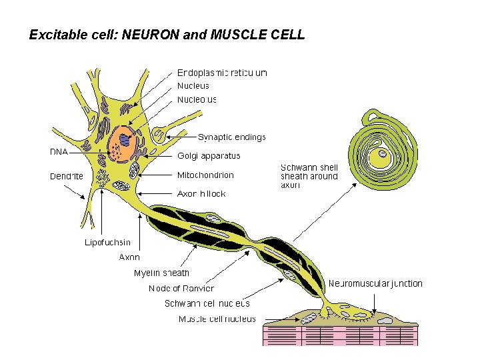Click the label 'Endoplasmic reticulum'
pos(222,73)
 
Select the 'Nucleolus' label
pos(197,99)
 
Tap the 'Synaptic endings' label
pos(231,137)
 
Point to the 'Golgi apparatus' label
pos(209,156)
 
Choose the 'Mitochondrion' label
pos(205,175)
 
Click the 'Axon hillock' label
pos(201,194)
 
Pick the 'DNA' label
pos(59,151)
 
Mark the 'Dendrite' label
pos(67,177)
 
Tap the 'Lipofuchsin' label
pos(107,242)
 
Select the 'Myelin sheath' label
pos(161,273)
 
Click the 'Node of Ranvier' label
pos(181,288)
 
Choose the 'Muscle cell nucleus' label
pos(217,319)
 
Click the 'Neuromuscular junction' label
pos(375,283)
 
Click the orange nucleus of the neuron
pos(124,145)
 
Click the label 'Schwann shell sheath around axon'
pos(309,176)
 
